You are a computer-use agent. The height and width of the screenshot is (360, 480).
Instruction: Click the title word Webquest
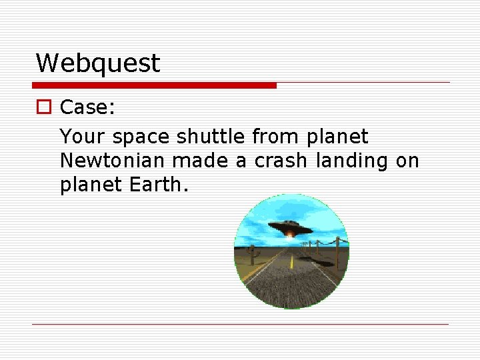[x=97, y=63]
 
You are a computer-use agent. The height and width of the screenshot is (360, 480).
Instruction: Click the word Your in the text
[x=83, y=137]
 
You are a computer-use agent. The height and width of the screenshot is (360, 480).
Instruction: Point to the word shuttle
[x=211, y=137]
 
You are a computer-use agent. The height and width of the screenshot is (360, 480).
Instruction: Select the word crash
[x=281, y=161]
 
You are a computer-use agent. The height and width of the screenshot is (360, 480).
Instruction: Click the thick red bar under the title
[x=154, y=85]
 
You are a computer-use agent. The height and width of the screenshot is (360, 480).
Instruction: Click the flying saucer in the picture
[x=290, y=227]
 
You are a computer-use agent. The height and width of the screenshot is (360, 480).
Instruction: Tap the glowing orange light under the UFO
[x=291, y=234]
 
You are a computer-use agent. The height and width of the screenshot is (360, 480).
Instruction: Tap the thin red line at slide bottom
[x=240, y=324]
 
